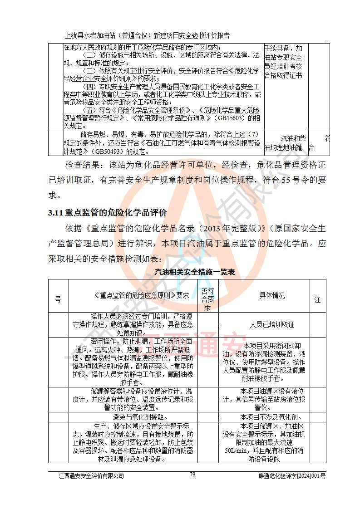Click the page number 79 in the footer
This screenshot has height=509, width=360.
[192, 475]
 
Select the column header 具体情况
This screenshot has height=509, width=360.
[272, 295]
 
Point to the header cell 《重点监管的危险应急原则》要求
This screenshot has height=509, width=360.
[135, 295]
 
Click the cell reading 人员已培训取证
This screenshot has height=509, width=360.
[272, 324]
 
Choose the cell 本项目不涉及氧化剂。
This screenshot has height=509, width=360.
[272, 417]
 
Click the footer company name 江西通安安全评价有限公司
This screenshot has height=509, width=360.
[91, 476]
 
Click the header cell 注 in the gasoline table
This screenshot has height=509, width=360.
[317, 300]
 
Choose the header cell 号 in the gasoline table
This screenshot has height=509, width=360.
[58, 299]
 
